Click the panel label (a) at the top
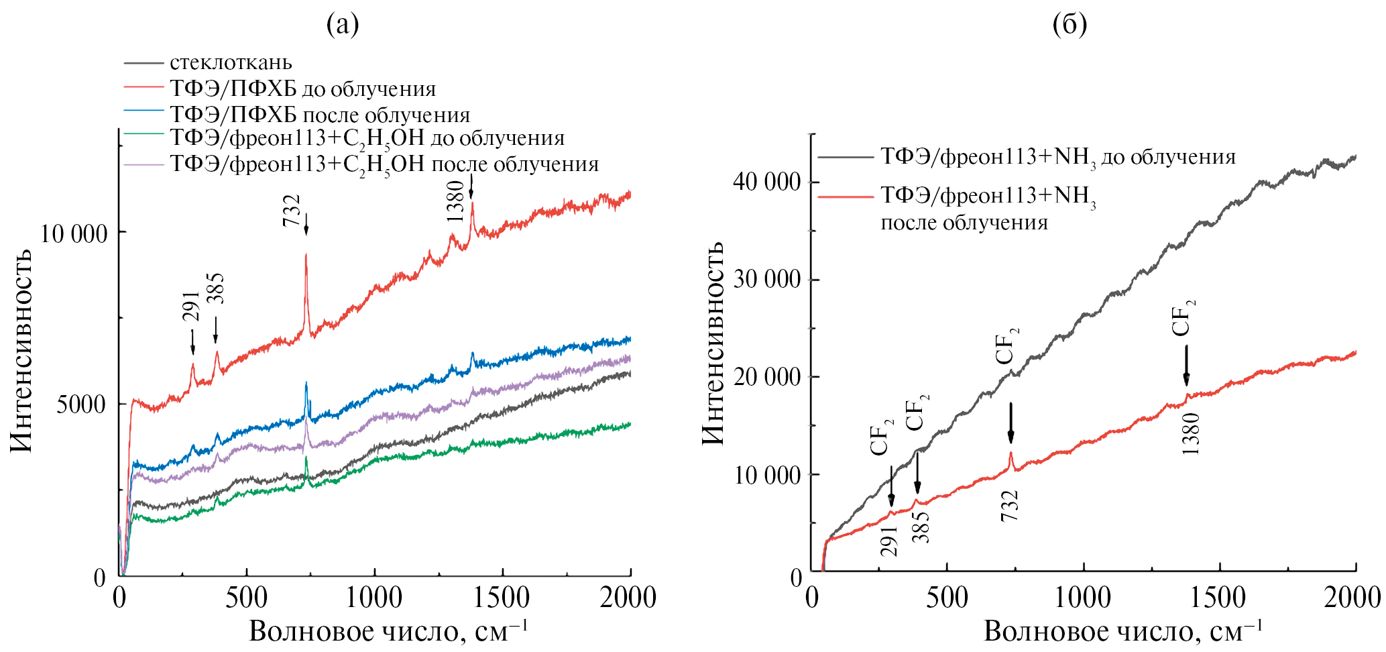pos(343,25)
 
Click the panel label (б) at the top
pos(1070,25)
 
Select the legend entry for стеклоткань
pos(231,62)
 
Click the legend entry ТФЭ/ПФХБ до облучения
pos(302,89)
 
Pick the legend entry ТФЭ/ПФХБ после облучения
pos(320,115)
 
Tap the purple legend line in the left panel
pos(143,164)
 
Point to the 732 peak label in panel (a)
pos(292,210)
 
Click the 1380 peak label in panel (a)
pos(455,201)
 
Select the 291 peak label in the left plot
pos(191,307)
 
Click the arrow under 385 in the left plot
pos(216,330)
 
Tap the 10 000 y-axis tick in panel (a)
pos(74,233)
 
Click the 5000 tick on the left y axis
pos(81,404)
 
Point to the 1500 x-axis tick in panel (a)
pos(502,597)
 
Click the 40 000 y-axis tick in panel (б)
pos(766,182)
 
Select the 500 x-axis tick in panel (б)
pos(946,597)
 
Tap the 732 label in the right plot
pos(1010,505)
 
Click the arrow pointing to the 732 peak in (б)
pos(1010,423)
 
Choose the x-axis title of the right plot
pos(1122,631)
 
